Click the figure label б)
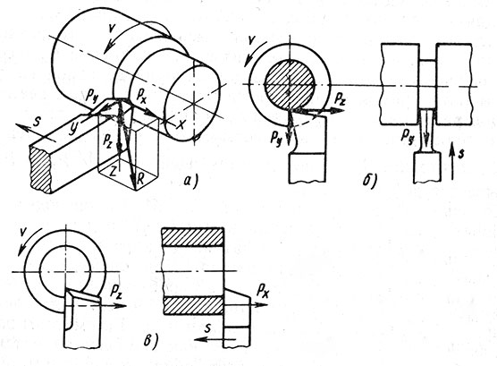point(370,180)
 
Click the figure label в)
point(151,341)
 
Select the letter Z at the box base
point(114,173)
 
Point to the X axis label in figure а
point(180,124)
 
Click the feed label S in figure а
point(37,122)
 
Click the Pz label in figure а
point(108,139)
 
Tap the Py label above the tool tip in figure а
point(93,96)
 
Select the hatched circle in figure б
point(289,84)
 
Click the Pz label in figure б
point(341,99)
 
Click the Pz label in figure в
point(116,291)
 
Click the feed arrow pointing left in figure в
point(215,340)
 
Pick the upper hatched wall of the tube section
point(193,237)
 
